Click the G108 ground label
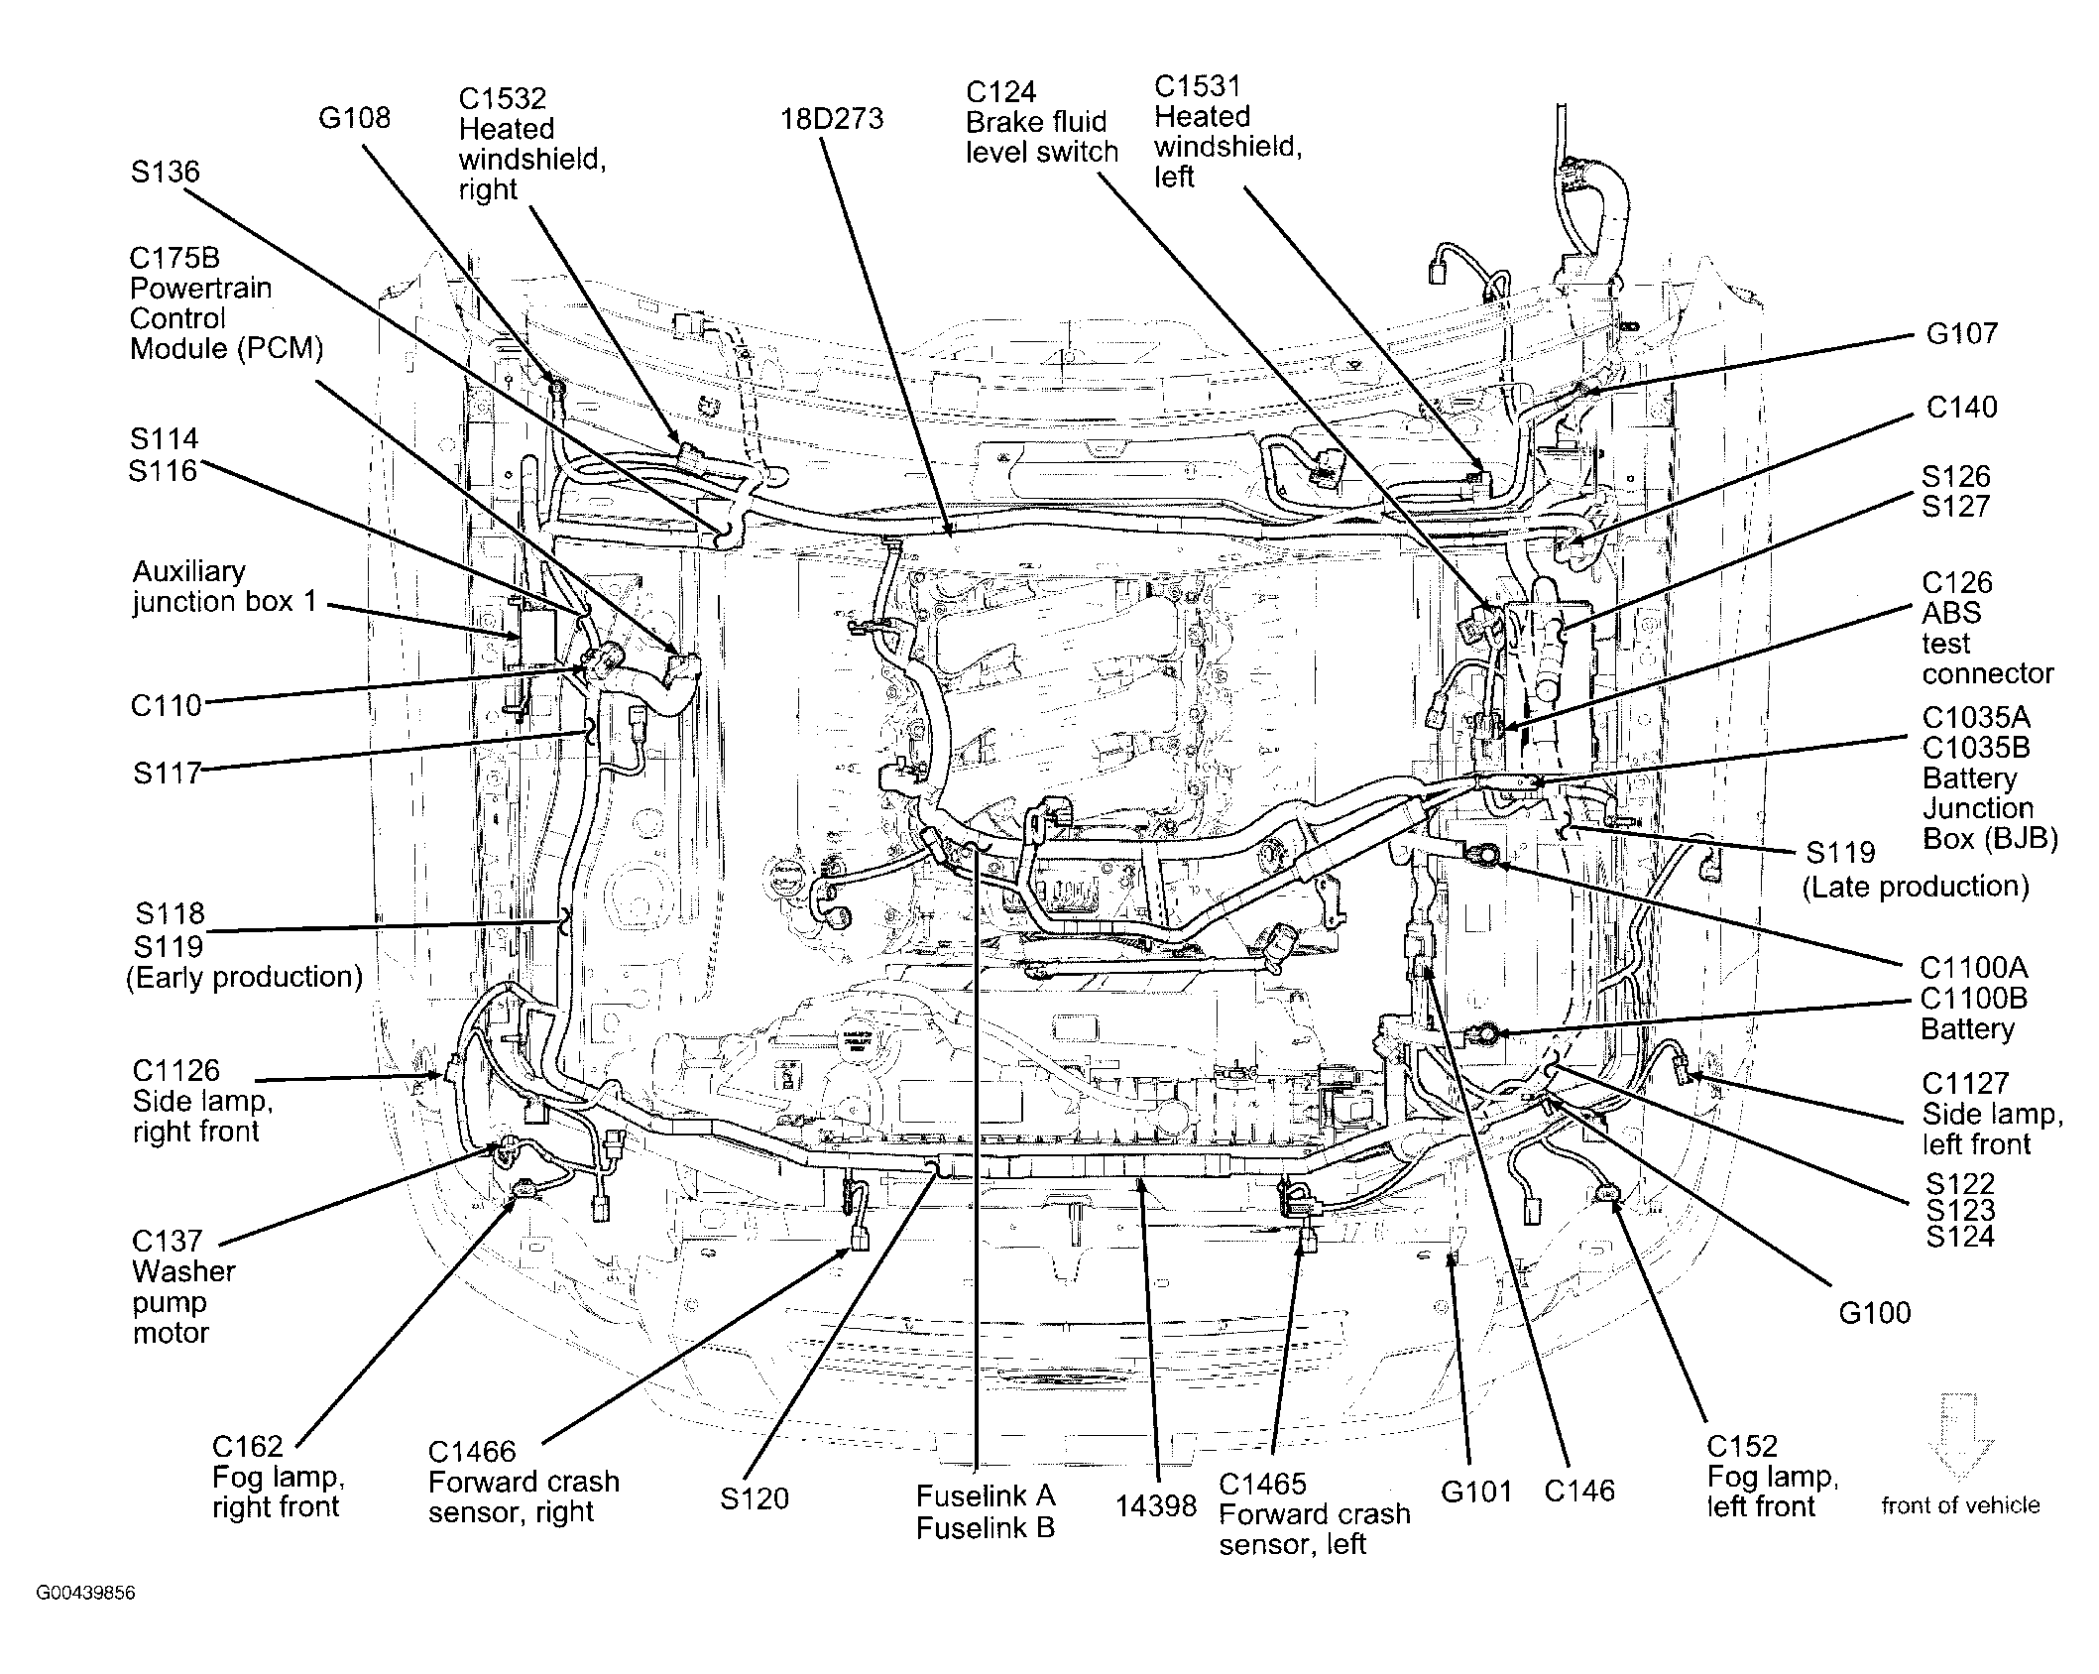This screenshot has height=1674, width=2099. [354, 118]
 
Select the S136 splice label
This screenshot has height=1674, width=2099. [165, 172]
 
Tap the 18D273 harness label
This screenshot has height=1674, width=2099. [831, 119]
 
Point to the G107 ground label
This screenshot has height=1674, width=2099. [1961, 333]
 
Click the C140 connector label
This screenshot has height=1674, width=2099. [1961, 407]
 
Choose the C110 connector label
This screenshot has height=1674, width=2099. [166, 706]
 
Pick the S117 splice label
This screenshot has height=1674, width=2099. [168, 773]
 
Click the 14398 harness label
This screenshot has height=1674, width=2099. [1155, 1505]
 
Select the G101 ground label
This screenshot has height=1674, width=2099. [1476, 1491]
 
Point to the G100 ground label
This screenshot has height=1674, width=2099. [1874, 1313]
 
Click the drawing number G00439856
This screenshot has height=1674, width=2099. [85, 1594]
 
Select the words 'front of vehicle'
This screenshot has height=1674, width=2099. [1960, 1505]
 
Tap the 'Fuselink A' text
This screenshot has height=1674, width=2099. [985, 1495]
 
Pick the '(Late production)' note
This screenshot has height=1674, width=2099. [1916, 886]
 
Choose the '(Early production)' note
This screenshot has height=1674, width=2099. [244, 977]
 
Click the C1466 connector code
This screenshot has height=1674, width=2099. [472, 1452]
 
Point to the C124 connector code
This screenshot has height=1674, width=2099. [1001, 92]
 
